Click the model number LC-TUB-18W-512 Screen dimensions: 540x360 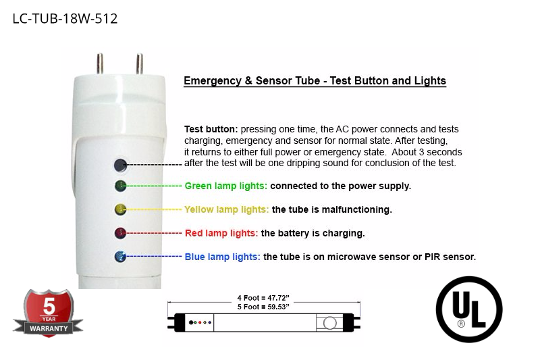65,19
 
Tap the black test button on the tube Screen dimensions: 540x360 120,165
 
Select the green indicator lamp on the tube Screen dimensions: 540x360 120,186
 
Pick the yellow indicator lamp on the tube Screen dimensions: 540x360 120,209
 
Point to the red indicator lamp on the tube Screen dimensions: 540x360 120,233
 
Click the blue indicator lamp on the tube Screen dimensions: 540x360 120,257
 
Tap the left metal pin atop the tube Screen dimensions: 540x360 100,63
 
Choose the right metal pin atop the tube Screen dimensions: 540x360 140,63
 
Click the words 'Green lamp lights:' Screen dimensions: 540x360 226,186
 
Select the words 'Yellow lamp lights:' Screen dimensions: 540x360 227,209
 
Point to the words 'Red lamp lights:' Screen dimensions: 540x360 221,233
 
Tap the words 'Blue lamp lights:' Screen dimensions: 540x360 223,257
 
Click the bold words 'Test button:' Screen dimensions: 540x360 211,129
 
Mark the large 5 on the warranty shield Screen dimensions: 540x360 49,305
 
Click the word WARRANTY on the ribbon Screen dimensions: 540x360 49,329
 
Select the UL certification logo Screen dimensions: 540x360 469,309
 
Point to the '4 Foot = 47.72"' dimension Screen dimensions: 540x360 263,298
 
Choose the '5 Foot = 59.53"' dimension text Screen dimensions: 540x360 263,307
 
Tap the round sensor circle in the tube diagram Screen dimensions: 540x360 329,323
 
